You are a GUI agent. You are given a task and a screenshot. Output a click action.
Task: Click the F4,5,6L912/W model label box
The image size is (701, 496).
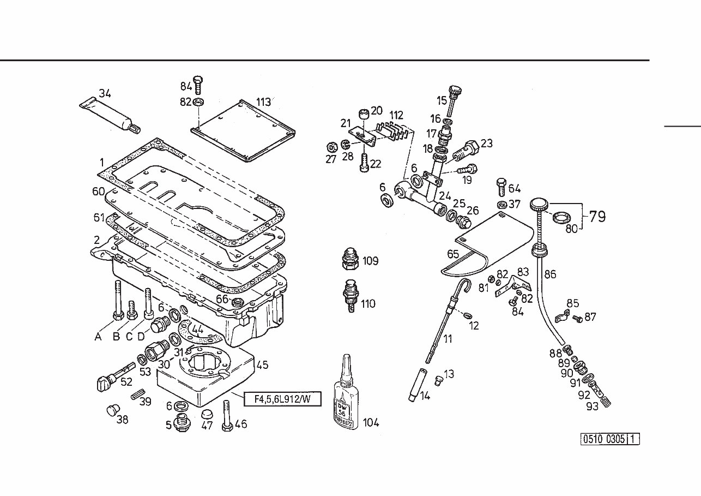281,399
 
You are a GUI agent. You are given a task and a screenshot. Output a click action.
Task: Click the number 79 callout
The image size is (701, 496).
597,217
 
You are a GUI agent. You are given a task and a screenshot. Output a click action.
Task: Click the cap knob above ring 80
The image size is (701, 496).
540,206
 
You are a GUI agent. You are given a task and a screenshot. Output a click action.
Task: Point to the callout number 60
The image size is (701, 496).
98,191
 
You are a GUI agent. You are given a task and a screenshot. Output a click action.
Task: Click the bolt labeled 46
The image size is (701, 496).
227,418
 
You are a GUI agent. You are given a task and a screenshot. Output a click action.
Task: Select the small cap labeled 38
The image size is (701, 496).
112,410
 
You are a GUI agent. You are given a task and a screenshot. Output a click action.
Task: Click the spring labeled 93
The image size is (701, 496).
605,404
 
